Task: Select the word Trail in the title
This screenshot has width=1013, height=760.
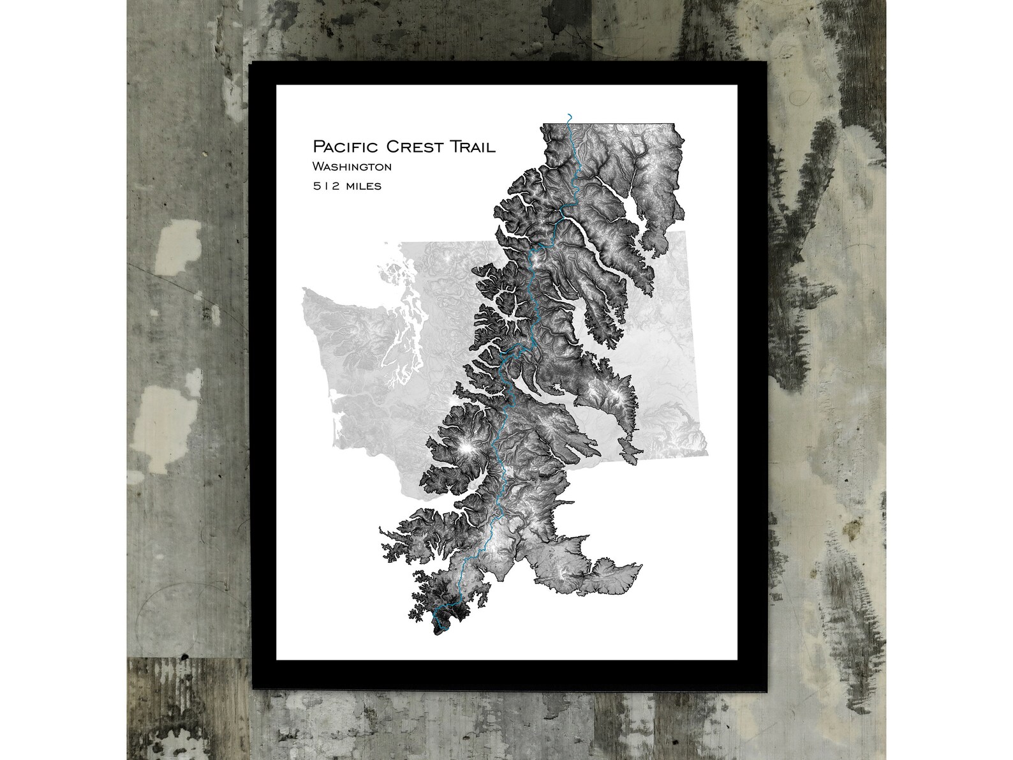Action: (x=473, y=147)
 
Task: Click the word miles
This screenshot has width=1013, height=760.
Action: (x=362, y=186)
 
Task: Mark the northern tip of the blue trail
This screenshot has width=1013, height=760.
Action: (x=569, y=115)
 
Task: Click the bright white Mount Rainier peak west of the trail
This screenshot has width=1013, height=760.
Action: (x=467, y=449)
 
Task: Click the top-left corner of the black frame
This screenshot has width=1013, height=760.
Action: (x=250, y=63)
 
